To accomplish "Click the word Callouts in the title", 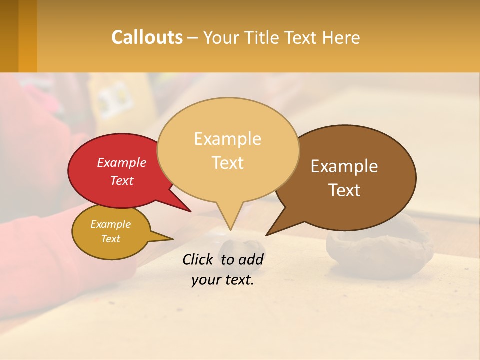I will tap(147, 38).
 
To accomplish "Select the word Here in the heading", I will tap(341, 38).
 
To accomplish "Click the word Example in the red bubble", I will tap(122, 162).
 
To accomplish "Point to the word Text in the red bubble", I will tap(122, 180).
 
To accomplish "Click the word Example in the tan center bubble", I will tap(227, 139).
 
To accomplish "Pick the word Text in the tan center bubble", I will tap(227, 163).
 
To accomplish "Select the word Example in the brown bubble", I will tap(344, 166).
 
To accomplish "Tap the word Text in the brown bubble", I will tap(344, 190).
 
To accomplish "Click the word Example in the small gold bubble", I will tap(110, 224).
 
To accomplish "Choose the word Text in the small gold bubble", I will tap(110, 239).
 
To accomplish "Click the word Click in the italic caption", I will tap(198, 259).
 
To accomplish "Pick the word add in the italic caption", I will tap(251, 259).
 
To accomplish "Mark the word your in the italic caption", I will tap(205, 280).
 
